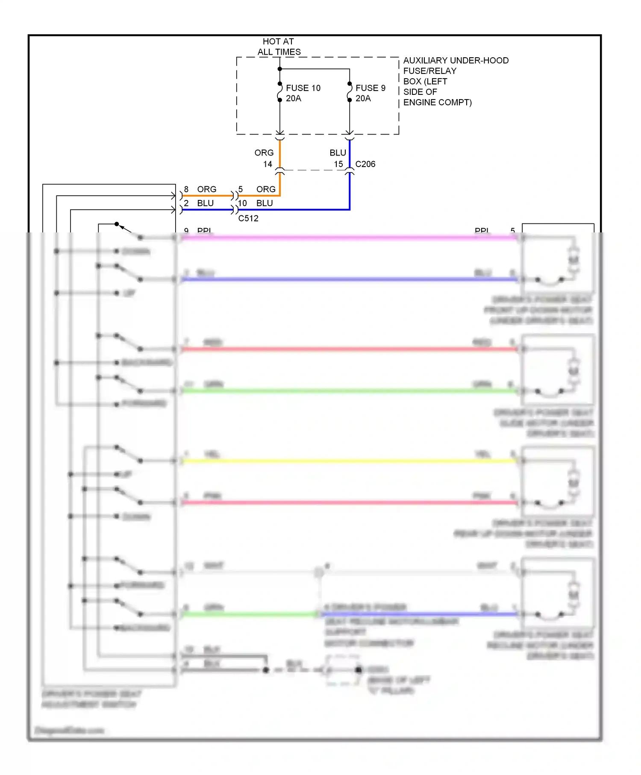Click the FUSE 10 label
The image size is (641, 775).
pyautogui.click(x=303, y=88)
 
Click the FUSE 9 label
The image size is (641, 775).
pyautogui.click(x=370, y=88)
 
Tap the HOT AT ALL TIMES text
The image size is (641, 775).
pyautogui.click(x=279, y=47)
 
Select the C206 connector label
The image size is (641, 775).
pyautogui.click(x=365, y=164)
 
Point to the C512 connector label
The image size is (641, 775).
pyautogui.click(x=248, y=218)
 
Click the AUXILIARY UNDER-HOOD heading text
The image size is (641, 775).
pyautogui.click(x=456, y=61)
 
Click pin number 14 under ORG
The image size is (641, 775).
pyautogui.click(x=268, y=164)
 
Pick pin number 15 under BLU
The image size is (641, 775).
pyautogui.click(x=338, y=164)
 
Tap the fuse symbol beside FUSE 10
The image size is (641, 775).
pyautogui.click(x=280, y=92)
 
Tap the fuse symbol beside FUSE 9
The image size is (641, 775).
pyautogui.click(x=350, y=92)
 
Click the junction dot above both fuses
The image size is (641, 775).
pyautogui.click(x=280, y=69)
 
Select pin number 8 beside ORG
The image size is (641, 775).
pyautogui.click(x=186, y=189)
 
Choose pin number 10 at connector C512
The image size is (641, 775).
pyautogui.click(x=242, y=203)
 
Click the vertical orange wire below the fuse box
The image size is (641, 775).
pyautogui.click(x=280, y=154)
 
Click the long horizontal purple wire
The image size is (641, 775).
pyautogui.click(x=348, y=237)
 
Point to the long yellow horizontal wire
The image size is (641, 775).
pyautogui.click(x=348, y=461)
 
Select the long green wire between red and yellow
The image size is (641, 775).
pyautogui.click(x=348, y=391)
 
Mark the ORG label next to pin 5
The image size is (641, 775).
pyautogui.click(x=266, y=189)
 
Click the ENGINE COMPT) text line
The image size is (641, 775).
pyautogui.click(x=437, y=103)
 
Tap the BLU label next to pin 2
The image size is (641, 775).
pyautogui.click(x=205, y=203)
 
